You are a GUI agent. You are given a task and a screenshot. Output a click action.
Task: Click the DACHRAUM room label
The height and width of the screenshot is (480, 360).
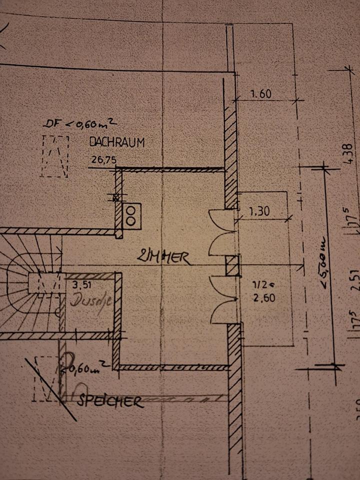116,142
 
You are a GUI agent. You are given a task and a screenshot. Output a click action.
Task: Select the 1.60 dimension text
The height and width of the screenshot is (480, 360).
260,93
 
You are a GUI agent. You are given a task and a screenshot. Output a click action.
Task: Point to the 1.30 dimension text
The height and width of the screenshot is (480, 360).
259,211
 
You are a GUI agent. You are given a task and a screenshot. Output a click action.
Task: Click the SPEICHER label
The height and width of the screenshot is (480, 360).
110,401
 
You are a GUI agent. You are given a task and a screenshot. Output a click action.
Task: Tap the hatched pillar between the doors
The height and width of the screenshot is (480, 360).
232,265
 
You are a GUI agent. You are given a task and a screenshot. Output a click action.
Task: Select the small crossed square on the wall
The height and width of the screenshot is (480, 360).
117,197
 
